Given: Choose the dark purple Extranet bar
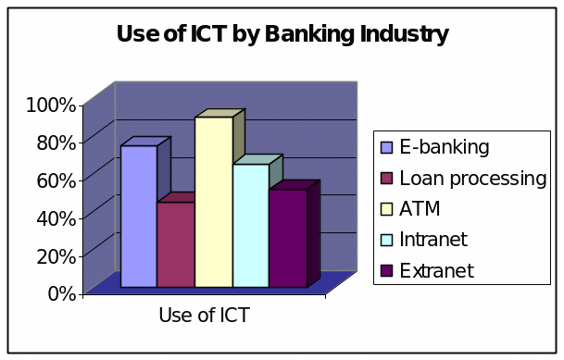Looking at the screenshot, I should (287, 238).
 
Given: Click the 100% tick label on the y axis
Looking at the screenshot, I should (50, 104).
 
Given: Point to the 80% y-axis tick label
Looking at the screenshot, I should (55, 142).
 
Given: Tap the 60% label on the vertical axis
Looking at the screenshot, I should (55, 179).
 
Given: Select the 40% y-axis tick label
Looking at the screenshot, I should (55, 217).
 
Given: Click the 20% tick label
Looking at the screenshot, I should (55, 255).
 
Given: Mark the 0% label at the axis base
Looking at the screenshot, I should (59, 293).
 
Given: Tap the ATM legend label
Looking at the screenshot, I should (422, 208).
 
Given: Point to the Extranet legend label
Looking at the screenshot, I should (437, 270).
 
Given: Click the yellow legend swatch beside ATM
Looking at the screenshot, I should (387, 208).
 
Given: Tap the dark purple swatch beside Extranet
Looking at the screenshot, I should (387, 270).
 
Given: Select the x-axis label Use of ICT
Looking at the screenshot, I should (204, 315).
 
